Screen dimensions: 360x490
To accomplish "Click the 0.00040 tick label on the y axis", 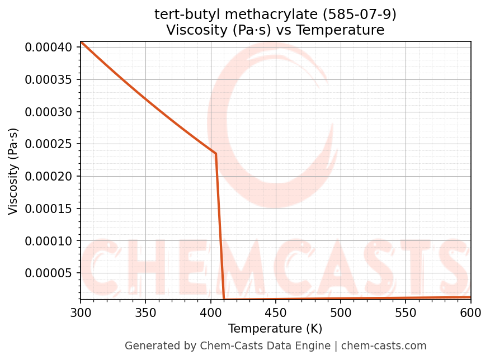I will click(49, 48).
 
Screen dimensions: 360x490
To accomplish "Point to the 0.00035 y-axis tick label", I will click(49, 79).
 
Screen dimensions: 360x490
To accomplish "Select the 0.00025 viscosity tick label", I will click(49, 144).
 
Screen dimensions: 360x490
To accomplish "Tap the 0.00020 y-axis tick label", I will click(49, 177).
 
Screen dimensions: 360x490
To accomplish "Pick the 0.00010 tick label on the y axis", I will click(49, 241).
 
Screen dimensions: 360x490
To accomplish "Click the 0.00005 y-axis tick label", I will click(49, 273).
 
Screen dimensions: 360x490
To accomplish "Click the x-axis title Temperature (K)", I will click(275, 328).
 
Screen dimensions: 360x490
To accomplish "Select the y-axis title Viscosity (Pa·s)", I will click(13, 171).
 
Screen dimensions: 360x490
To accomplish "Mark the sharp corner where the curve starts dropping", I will click(216, 153).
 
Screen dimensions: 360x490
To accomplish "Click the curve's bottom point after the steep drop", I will click(224, 300).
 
